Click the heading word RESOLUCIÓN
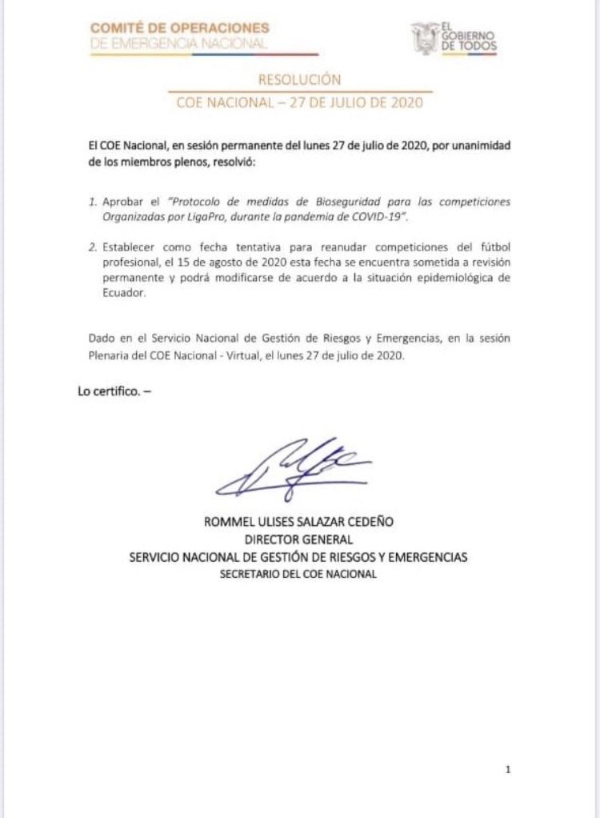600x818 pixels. (300, 79)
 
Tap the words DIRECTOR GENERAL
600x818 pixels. (300, 539)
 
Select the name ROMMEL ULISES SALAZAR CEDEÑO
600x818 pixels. (300, 522)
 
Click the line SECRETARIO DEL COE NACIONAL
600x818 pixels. (300, 574)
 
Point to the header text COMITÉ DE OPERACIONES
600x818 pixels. (179, 29)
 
